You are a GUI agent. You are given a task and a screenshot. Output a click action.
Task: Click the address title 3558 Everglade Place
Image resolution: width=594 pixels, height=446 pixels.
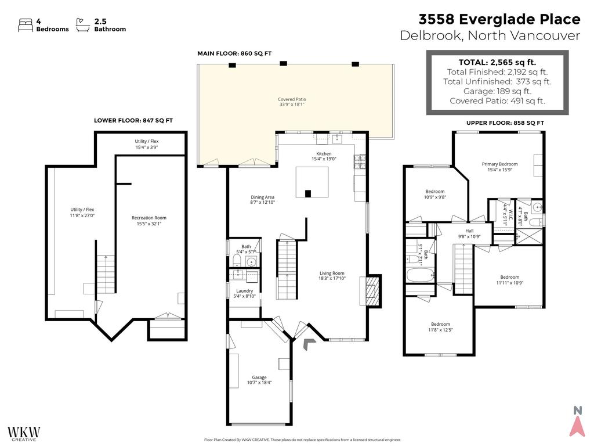tap(499, 19)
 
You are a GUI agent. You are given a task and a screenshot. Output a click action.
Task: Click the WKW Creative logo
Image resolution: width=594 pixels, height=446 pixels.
tap(24, 433)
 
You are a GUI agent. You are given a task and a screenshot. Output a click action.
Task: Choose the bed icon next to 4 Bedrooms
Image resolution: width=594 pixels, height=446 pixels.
tap(26, 24)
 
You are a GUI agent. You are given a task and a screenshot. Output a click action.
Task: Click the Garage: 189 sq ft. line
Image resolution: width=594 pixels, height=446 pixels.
tap(497, 91)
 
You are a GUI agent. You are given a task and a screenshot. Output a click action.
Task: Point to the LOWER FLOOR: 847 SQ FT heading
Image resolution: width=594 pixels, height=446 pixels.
tap(133, 121)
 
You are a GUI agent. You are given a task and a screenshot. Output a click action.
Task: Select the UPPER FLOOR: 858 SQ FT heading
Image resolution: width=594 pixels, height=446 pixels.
tap(505, 123)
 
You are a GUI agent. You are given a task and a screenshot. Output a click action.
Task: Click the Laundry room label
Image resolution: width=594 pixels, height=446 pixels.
tap(244, 293)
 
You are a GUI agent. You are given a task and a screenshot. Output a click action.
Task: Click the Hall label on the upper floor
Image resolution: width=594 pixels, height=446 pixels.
tap(470, 233)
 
